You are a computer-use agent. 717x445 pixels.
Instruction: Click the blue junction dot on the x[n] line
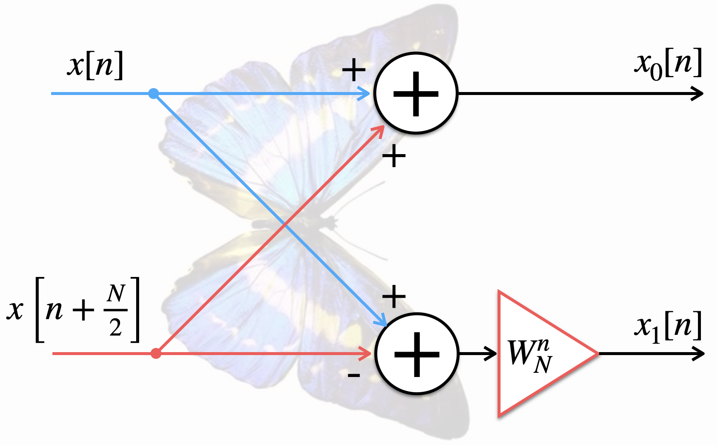[x=153, y=93]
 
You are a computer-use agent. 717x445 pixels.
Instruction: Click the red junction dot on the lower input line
[x=156, y=353]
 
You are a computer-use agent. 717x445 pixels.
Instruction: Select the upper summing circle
[x=416, y=93]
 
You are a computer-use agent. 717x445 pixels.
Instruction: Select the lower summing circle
[x=417, y=354]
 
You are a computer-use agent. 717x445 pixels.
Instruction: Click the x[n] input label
[x=95, y=65]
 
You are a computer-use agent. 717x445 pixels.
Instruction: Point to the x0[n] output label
[x=668, y=64]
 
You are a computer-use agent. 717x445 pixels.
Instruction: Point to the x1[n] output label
[x=668, y=327]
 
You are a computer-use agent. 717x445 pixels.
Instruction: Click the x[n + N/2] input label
[x=73, y=310]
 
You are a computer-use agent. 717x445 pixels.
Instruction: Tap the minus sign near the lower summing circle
[x=354, y=375]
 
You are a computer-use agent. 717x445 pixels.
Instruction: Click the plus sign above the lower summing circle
[x=394, y=296]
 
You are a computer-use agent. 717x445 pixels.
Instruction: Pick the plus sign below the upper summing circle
[x=394, y=156]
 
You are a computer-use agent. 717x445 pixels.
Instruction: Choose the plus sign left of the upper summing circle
[x=354, y=69]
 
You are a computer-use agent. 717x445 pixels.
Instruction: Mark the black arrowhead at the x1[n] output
[x=698, y=353]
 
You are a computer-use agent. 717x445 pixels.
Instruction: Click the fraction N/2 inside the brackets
[x=115, y=310]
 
